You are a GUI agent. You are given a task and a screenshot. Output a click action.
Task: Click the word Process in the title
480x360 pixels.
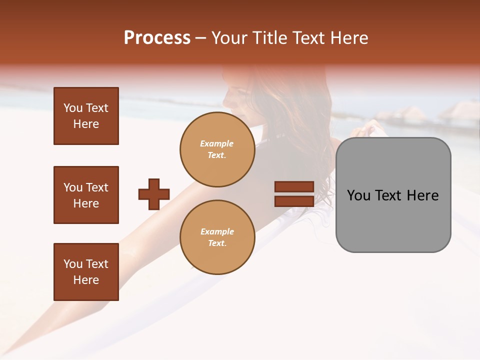click(157, 38)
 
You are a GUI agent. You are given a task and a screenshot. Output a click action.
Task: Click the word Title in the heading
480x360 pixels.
click(268, 38)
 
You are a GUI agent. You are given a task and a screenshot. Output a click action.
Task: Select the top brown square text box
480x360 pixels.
click(86, 116)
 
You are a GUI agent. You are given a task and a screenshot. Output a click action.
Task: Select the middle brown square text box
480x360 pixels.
click(86, 195)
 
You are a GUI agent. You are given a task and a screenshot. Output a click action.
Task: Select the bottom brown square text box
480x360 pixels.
click(86, 272)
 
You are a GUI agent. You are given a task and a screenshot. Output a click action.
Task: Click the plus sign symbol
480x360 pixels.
click(154, 194)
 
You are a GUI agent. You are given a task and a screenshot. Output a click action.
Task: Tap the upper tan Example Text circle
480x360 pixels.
click(217, 149)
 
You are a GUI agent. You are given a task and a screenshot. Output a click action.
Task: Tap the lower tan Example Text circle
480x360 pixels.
click(217, 237)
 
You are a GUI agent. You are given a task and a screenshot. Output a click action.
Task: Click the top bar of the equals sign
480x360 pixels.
click(294, 187)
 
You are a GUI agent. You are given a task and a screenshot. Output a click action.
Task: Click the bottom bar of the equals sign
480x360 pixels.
click(294, 201)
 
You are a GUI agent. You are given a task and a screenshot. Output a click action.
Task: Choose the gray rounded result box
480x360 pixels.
click(393, 195)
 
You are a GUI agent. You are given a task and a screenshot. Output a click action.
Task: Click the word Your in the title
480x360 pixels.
click(230, 38)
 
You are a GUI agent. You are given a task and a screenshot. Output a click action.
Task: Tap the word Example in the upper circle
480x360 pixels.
click(217, 143)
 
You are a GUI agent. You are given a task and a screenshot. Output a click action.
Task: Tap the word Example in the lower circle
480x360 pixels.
click(217, 231)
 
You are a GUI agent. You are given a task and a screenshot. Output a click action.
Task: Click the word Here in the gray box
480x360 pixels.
click(422, 195)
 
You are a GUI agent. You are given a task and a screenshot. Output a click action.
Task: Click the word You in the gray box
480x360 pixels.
click(359, 195)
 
